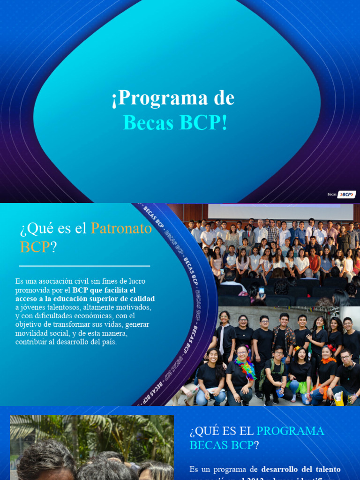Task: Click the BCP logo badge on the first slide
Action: point(347,195)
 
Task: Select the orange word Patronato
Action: point(121,228)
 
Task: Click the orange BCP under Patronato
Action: point(35,247)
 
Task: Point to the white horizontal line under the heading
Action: point(84,266)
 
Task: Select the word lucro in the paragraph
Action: point(135,281)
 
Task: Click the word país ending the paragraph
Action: point(108,342)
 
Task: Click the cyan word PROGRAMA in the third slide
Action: point(290,431)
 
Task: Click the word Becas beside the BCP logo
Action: point(332,195)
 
